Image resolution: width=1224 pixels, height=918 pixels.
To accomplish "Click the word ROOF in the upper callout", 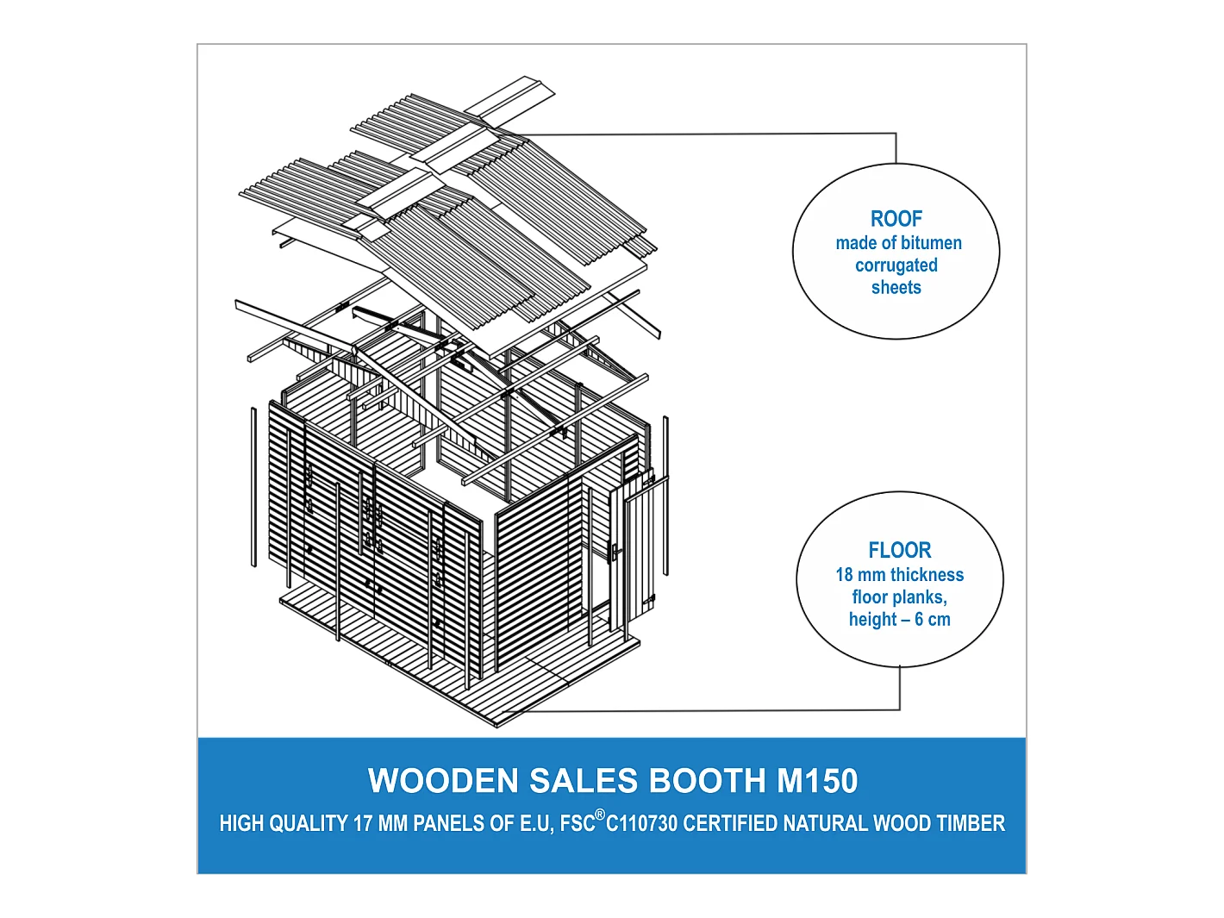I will click(x=896, y=219).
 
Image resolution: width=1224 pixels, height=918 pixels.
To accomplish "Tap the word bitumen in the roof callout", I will click(x=930, y=243).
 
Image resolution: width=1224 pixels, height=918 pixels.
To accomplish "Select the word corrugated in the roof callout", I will click(x=896, y=265).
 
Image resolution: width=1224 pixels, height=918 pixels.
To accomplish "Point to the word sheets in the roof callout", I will click(x=896, y=288).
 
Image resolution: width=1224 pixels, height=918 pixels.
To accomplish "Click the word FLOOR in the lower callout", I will click(x=899, y=550).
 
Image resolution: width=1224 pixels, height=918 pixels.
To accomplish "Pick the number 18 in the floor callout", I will click(x=844, y=575).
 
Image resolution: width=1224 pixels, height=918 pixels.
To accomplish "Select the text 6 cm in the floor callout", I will click(x=932, y=620).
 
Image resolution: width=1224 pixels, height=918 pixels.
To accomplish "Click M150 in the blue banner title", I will click(x=816, y=781).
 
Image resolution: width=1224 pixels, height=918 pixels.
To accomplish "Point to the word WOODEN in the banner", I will click(x=443, y=781).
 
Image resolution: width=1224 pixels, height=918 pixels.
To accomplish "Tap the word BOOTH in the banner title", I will click(x=707, y=781).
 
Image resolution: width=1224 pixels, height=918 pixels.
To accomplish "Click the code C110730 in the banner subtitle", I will click(x=642, y=824).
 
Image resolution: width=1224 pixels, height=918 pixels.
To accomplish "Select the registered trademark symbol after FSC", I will click(x=600, y=815).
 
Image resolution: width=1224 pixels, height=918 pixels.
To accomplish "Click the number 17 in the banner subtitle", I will click(x=362, y=824).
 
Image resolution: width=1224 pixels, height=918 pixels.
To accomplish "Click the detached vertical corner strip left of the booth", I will click(x=253, y=487).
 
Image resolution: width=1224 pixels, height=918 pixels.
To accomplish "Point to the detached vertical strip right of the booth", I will click(x=665, y=496).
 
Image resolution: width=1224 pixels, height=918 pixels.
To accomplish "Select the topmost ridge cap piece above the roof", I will click(x=510, y=100).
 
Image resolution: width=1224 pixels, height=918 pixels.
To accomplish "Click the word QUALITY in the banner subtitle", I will click(x=308, y=824).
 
